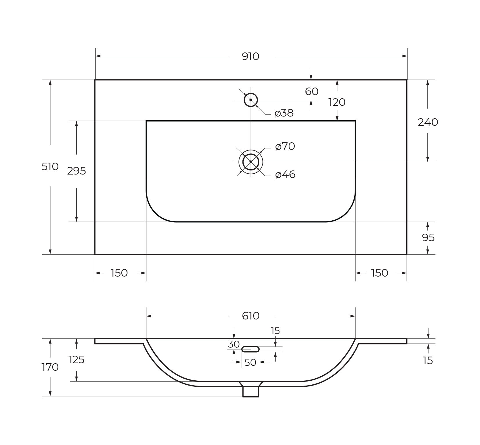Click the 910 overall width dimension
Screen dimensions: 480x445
click(250, 56)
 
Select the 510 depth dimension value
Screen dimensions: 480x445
click(50, 167)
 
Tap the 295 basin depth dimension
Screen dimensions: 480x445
click(76, 171)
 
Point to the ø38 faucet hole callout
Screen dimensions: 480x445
click(284, 113)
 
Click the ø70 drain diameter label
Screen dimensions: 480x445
click(285, 146)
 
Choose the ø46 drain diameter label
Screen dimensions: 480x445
click(285, 175)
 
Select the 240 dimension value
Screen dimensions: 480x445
click(428, 122)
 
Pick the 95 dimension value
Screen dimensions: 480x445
click(428, 238)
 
